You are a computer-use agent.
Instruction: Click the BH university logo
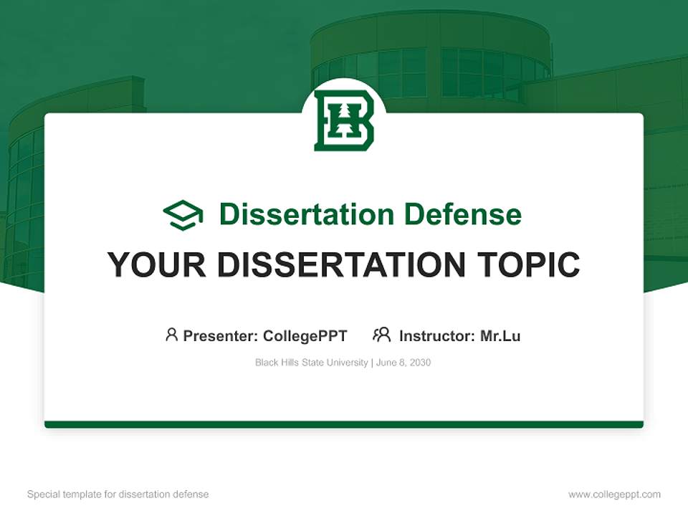tap(344, 120)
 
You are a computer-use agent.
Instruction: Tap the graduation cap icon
tap(183, 214)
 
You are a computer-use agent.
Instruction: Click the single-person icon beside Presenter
tap(171, 335)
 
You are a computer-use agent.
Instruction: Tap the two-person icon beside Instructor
tap(381, 335)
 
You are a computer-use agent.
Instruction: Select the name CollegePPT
tap(305, 335)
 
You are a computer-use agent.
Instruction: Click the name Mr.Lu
tap(500, 335)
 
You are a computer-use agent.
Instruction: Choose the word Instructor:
tap(437, 335)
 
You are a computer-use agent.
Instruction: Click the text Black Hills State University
tap(311, 363)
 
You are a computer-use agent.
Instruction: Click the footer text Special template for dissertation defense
tap(118, 494)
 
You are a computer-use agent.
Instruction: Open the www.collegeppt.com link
tap(614, 494)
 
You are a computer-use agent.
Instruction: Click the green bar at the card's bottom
tap(344, 424)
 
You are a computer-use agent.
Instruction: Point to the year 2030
tap(421, 363)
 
